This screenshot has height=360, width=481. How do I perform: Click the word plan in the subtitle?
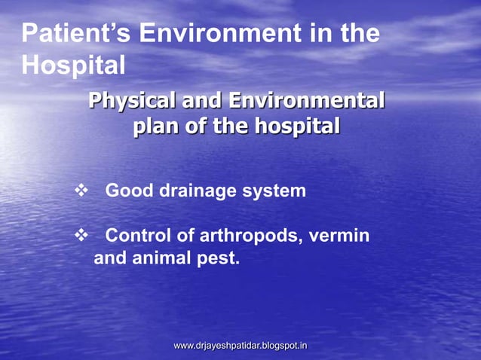coord(155,126)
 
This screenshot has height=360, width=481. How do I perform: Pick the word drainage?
coord(198,191)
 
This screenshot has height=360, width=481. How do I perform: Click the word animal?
coord(164,261)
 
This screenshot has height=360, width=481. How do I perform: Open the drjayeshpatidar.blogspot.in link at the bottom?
coord(240,346)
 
